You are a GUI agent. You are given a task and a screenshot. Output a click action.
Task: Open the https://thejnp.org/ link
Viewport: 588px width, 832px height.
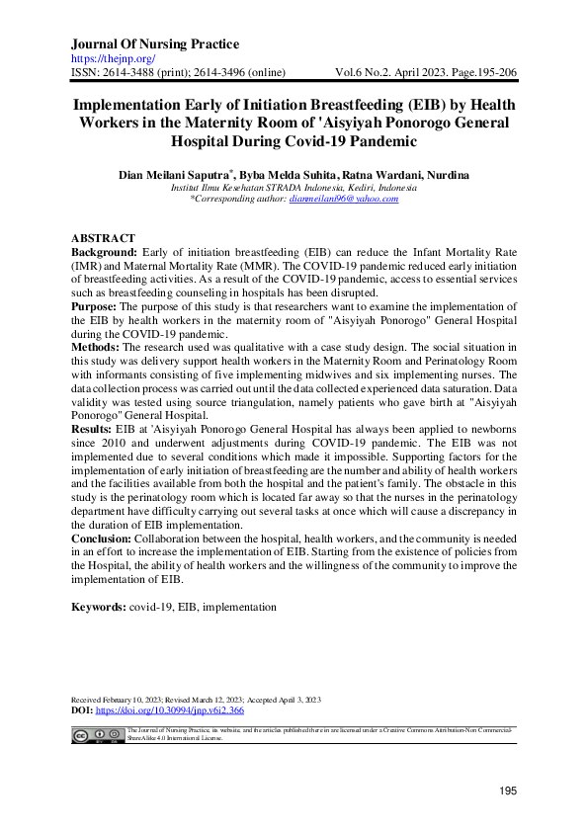110,59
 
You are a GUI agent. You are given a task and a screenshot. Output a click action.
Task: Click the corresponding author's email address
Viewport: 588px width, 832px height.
343,199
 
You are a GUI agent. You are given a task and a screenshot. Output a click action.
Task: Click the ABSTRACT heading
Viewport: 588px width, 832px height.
105,240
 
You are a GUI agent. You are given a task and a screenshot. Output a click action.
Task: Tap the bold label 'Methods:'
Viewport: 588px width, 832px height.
97,350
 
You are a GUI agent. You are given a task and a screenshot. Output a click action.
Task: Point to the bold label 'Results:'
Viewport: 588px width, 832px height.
95,433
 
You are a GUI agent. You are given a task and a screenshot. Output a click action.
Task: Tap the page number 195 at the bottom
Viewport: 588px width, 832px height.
508,790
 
